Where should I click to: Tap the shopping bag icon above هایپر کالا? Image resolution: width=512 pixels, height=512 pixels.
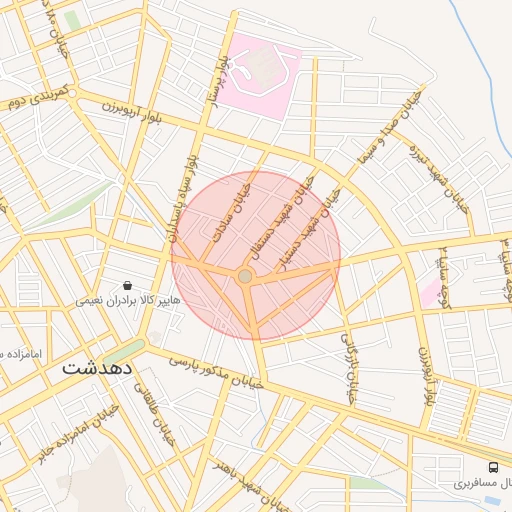coord(127,285)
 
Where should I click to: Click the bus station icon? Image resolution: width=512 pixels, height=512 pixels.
coord(493,467)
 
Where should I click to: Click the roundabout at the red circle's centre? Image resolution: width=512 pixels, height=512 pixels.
coord(245,275)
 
